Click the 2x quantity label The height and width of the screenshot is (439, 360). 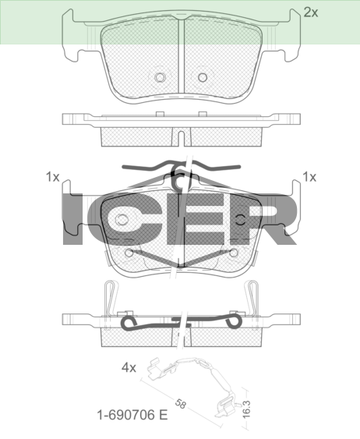[x=310, y=12]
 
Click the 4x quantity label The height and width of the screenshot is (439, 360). [x=129, y=367]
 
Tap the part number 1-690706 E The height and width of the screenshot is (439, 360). [x=132, y=415]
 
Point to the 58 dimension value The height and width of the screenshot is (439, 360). [x=181, y=403]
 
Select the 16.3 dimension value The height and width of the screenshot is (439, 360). [x=246, y=409]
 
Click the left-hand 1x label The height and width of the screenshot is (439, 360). [x=52, y=177]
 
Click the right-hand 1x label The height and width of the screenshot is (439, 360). [x=309, y=177]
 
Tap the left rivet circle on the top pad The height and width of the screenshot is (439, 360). [x=161, y=77]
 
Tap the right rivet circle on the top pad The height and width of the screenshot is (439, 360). [x=203, y=77]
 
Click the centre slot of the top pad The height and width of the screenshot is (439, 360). [x=182, y=55]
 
